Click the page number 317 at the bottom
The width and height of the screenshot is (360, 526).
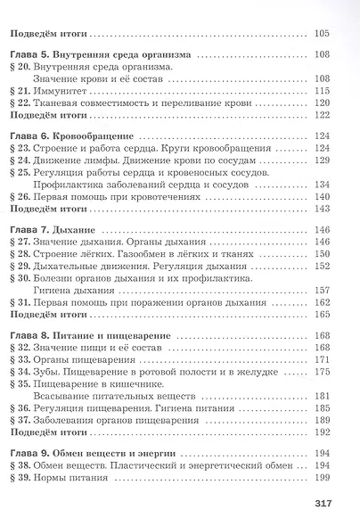[323, 505]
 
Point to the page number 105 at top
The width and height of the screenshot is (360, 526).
[322, 34]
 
